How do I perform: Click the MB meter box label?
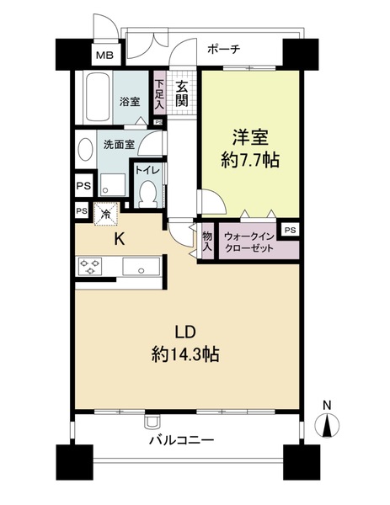[x=104, y=56]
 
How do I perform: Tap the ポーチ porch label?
[x=223, y=49]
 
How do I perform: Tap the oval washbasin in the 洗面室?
[x=86, y=150]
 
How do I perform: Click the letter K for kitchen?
[x=120, y=239]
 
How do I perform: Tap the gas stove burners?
[x=91, y=268]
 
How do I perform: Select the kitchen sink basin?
[x=139, y=268]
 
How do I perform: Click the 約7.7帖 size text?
[x=249, y=160]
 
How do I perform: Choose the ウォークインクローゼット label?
[x=249, y=243]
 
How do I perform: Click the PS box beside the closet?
[x=289, y=229]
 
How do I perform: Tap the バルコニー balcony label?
[x=182, y=440]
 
